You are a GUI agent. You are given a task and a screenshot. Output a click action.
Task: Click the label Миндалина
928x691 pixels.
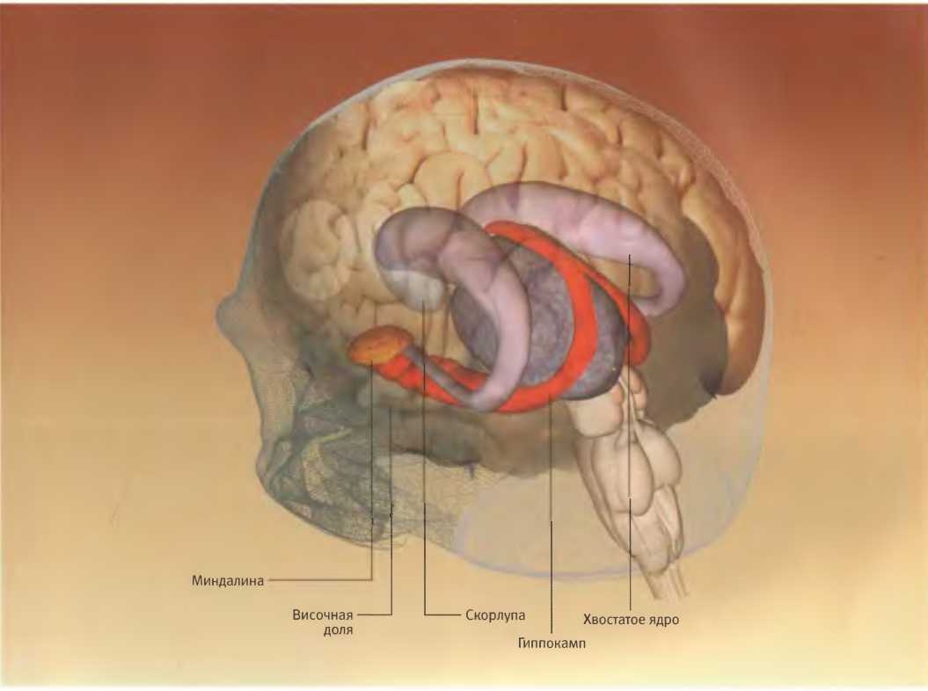(227, 581)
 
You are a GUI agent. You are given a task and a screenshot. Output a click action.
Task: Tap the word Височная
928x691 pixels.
(323, 615)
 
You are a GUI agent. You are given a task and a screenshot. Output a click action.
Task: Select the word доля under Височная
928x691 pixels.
(338, 630)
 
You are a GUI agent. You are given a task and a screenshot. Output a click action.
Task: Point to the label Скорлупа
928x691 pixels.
(495, 615)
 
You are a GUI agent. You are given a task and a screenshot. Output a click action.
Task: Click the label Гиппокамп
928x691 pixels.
(552, 643)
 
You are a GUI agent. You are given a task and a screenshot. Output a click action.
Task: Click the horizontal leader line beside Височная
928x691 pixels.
(375, 615)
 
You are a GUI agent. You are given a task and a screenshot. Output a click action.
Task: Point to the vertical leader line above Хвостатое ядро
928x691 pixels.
(630, 432)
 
